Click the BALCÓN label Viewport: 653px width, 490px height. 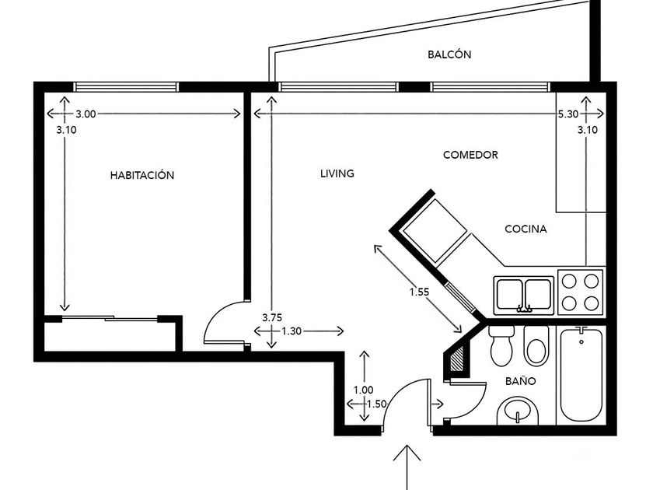click(449, 54)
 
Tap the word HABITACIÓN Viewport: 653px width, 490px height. click(142, 175)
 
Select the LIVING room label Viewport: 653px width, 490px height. click(337, 173)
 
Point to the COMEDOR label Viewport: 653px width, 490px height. click(470, 155)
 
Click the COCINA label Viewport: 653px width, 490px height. click(526, 229)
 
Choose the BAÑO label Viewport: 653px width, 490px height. click(521, 381)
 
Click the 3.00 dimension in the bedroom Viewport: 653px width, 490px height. click(86, 114)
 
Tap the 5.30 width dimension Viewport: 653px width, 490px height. click(568, 114)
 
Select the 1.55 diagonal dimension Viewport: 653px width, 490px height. click(419, 292)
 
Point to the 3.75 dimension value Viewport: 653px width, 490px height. click(272, 317)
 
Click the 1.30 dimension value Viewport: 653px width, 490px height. click(292, 331)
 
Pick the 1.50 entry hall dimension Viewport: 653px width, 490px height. click(376, 404)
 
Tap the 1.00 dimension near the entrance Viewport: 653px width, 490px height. click(364, 390)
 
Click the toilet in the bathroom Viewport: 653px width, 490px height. click(501, 345)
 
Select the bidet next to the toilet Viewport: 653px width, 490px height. click(536, 345)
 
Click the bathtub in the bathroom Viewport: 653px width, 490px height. click(581, 375)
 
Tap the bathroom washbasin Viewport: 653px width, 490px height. click(518, 411)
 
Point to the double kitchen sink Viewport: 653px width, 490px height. click(524, 295)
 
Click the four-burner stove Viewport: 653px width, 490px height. click(581, 292)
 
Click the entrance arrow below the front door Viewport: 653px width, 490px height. click(407, 467)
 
